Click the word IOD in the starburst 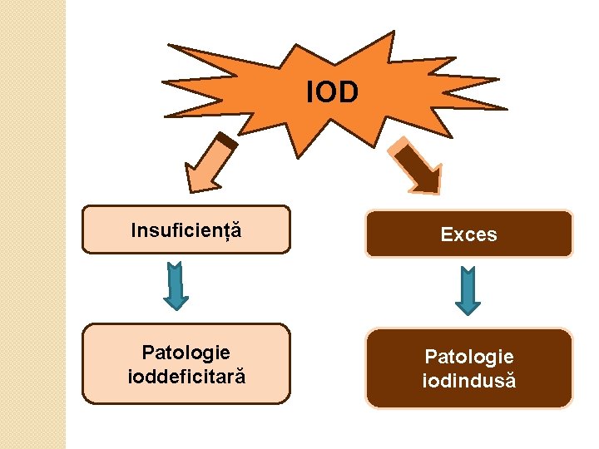(x=332, y=92)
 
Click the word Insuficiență (x=186, y=229)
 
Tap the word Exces (x=468, y=234)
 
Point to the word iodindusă (x=469, y=380)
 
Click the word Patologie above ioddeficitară (x=186, y=353)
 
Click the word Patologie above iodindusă (x=469, y=357)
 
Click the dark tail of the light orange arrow (x=229, y=142)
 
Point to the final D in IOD (x=349, y=92)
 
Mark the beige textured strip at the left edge (x=32, y=224)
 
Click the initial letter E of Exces (x=446, y=234)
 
